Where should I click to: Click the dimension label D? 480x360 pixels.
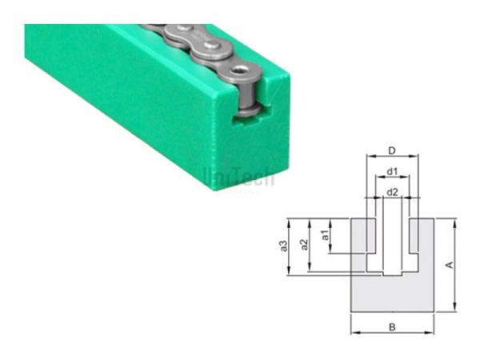[x=390, y=150]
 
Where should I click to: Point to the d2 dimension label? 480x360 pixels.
[x=392, y=192]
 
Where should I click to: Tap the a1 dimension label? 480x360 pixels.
[x=326, y=236]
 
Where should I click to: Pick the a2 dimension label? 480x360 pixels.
[x=304, y=244]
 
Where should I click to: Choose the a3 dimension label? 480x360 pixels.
[x=284, y=246]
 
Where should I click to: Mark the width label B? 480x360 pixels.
[x=392, y=326]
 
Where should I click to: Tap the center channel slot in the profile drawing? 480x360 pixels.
[x=392, y=240]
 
